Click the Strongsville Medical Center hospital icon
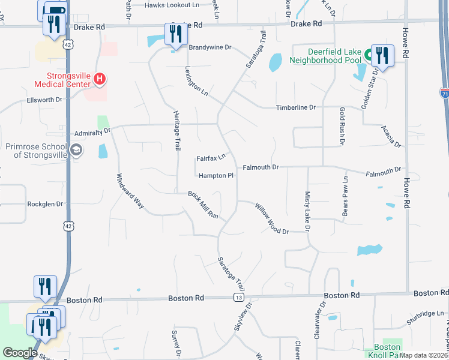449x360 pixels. point(100,79)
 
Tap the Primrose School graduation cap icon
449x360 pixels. point(76,150)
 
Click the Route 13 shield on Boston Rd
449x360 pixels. point(239,298)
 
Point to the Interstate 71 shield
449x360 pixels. point(444,93)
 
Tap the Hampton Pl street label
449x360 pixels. point(215,176)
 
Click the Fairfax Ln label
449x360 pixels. point(211,158)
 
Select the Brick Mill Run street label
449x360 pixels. point(203,206)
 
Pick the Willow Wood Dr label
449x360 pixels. point(272,218)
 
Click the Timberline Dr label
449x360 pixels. point(295,107)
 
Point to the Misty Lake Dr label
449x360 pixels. point(307,211)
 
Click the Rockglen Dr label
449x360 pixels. point(45,204)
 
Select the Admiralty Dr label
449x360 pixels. point(93,131)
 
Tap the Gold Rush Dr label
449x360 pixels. point(341,127)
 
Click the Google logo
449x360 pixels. point(20,353)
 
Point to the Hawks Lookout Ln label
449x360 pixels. point(172,5)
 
